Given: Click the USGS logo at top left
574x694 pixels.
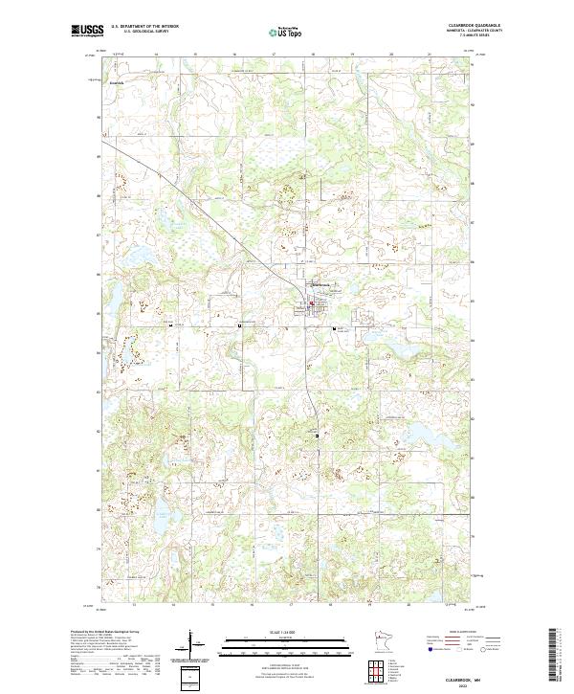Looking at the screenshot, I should [87, 31].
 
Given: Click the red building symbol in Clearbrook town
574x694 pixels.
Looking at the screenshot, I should [311, 306].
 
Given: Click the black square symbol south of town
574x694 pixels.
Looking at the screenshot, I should [318, 436].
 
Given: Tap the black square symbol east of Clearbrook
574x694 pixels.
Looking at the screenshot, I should [334, 328].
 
